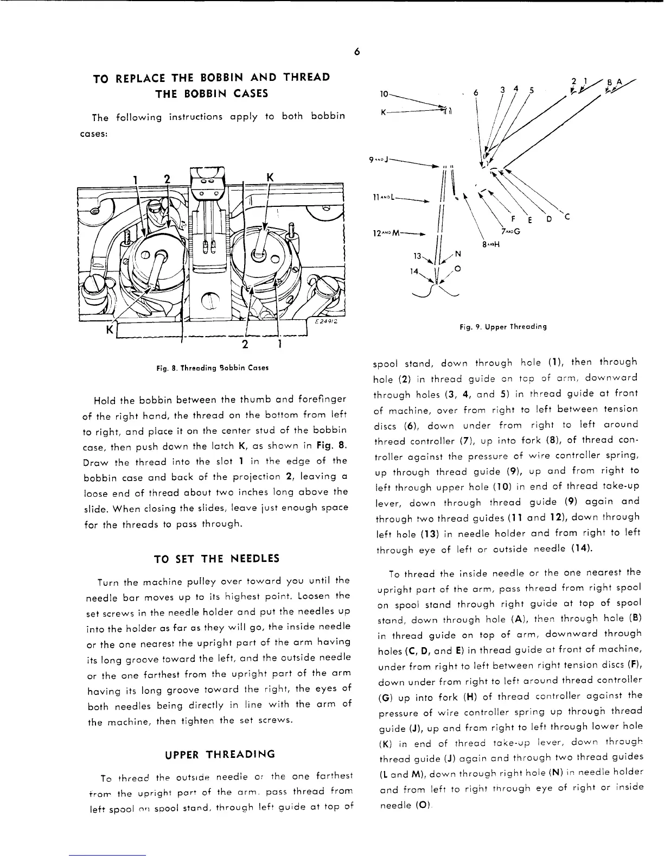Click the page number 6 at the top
tap(356, 52)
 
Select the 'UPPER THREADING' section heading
tap(220, 754)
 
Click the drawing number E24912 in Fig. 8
tap(327, 321)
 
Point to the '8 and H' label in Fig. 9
tap(490, 244)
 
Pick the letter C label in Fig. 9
tap(567, 218)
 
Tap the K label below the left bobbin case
tap(110, 330)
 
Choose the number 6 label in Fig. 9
tap(476, 93)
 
